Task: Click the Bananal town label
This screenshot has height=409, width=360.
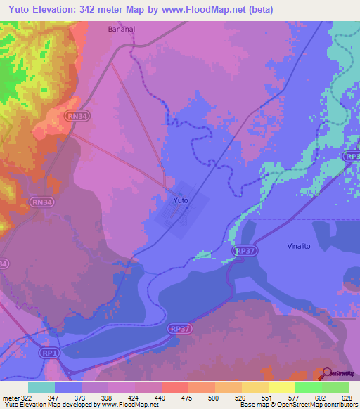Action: pyautogui.click(x=122, y=30)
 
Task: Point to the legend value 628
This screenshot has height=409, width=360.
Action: pyautogui.click(x=349, y=397)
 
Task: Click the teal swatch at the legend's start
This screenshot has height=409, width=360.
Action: pyautogui.click(x=41, y=387)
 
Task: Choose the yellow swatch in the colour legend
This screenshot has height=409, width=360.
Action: pyautogui.click(x=281, y=387)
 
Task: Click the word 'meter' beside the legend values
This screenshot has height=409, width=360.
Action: pyautogui.click(x=10, y=397)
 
